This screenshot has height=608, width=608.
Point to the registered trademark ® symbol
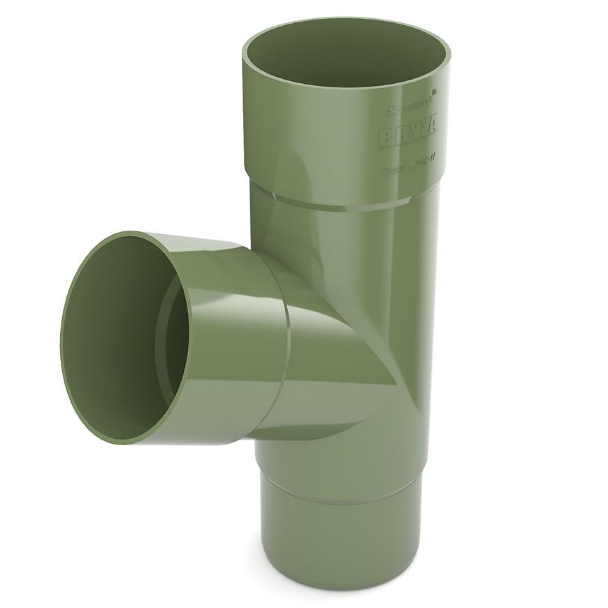(x=435, y=92)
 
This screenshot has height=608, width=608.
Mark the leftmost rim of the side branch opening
(x=62, y=335)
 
